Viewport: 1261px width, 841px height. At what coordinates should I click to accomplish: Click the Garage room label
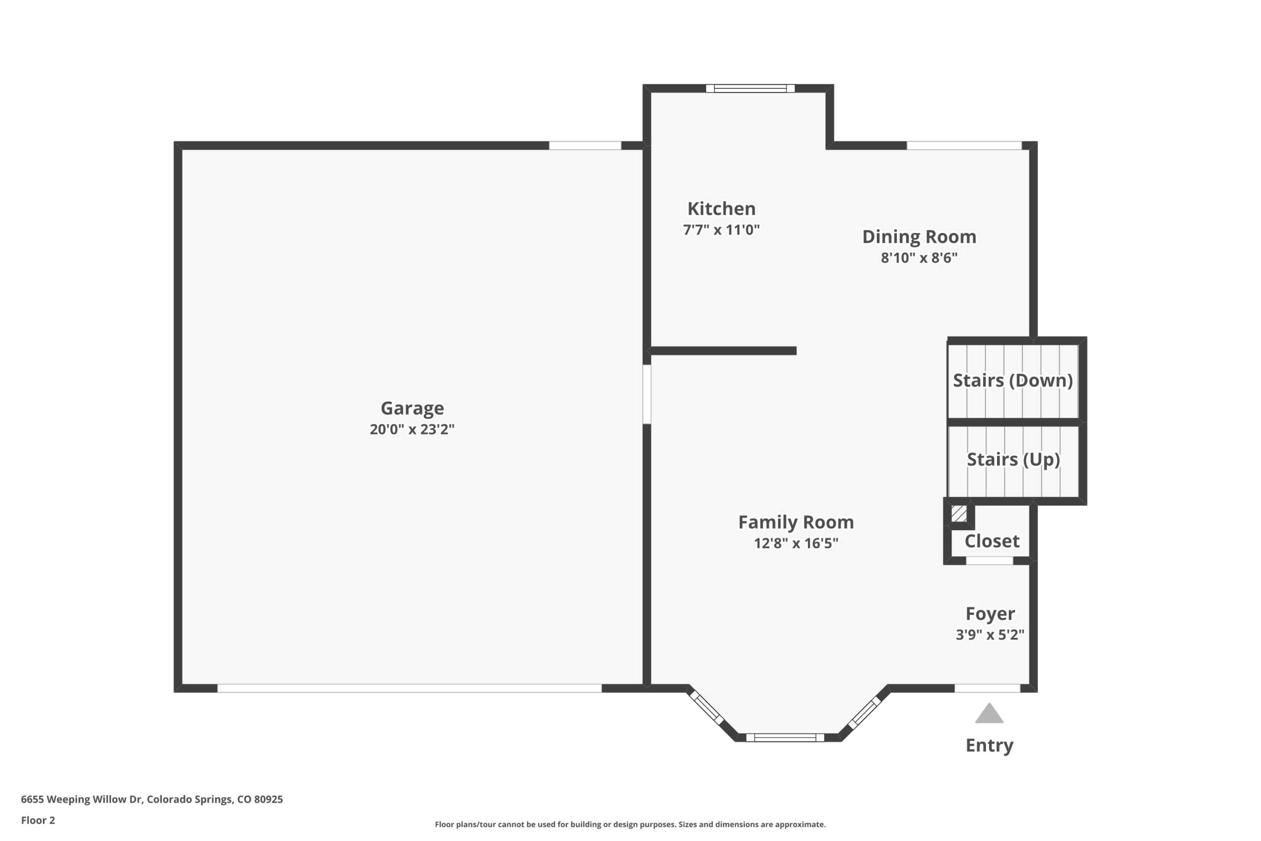pyautogui.click(x=412, y=408)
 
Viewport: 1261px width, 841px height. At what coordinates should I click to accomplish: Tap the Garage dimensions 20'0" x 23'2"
pyautogui.click(x=412, y=430)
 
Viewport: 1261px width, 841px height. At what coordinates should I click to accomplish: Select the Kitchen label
pyautogui.click(x=722, y=208)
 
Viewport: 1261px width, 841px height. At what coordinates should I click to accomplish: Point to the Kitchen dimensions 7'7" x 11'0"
pyautogui.click(x=721, y=230)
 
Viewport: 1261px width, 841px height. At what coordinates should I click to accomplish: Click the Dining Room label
pyautogui.click(x=919, y=237)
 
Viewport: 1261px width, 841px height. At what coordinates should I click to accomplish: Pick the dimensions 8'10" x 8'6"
pyautogui.click(x=919, y=258)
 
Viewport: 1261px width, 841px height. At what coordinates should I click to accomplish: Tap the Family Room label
pyautogui.click(x=796, y=522)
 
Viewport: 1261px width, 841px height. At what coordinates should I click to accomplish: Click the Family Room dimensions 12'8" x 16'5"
pyautogui.click(x=796, y=543)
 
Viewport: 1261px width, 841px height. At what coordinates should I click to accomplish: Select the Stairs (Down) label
pyautogui.click(x=1013, y=381)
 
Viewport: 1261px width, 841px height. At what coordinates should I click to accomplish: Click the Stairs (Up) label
pyautogui.click(x=1013, y=460)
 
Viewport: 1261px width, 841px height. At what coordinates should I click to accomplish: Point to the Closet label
pyautogui.click(x=992, y=541)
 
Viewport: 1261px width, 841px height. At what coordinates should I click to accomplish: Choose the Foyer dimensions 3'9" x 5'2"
pyautogui.click(x=990, y=635)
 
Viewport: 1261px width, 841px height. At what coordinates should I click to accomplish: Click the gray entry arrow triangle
pyautogui.click(x=989, y=714)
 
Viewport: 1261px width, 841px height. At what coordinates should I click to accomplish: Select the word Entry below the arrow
pyautogui.click(x=989, y=746)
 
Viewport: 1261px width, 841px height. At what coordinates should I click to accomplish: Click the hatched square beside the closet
pyautogui.click(x=959, y=514)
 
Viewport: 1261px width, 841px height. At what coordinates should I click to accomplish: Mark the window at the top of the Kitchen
pyautogui.click(x=750, y=89)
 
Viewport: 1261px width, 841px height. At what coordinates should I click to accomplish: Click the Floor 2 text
pyautogui.click(x=38, y=820)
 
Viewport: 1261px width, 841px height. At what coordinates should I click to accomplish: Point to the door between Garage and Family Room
pyautogui.click(x=647, y=394)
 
